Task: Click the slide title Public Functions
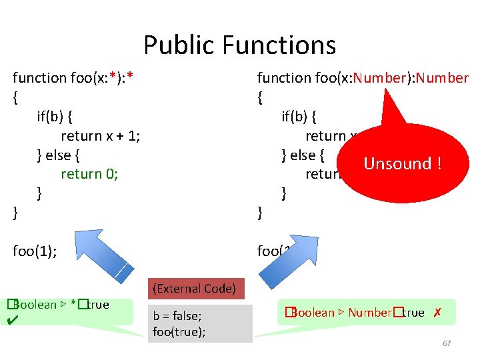coord(239,45)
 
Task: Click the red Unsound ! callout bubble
coord(402,164)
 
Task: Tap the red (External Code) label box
coord(194,289)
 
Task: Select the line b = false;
coord(177,316)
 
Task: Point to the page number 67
coord(447,343)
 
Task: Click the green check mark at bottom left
coord(11,321)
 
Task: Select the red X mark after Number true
coord(437,313)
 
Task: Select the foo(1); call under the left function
coord(35,251)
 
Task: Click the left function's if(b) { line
coord(55,117)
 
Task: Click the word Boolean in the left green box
coord(35,305)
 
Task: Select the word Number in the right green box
coord(369,313)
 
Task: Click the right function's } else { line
coord(303,155)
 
